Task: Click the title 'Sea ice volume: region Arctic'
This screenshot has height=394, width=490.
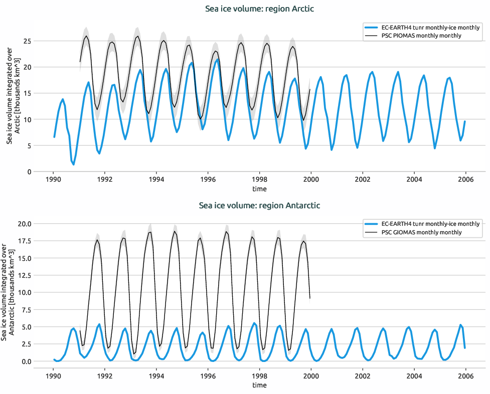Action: point(259,9)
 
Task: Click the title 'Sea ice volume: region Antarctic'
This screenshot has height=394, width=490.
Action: point(259,205)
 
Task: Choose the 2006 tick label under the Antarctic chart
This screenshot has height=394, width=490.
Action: point(465,375)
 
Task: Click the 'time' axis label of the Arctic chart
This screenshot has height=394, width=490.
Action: point(259,189)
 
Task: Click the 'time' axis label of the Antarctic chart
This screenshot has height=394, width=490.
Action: point(259,385)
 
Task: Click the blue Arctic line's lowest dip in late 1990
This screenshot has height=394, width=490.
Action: point(74,164)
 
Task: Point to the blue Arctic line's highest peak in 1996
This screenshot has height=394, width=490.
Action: point(217,60)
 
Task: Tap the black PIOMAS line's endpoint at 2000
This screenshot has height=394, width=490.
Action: point(310,90)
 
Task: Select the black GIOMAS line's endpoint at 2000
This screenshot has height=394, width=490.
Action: point(310,298)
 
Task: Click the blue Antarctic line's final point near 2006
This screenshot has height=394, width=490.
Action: point(465,348)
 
